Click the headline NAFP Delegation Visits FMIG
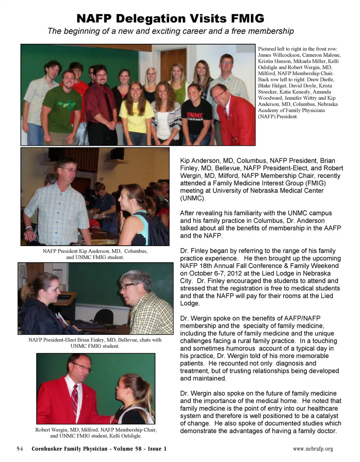pos(170,18)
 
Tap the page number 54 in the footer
pos(20,449)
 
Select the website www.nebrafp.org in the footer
pos(313,449)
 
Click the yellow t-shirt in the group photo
pos(136,116)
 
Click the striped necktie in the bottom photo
pos(75,398)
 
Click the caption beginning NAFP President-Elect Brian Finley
pos(95,343)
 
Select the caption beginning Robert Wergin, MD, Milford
pos(96,432)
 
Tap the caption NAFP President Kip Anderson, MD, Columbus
pos(95,254)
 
